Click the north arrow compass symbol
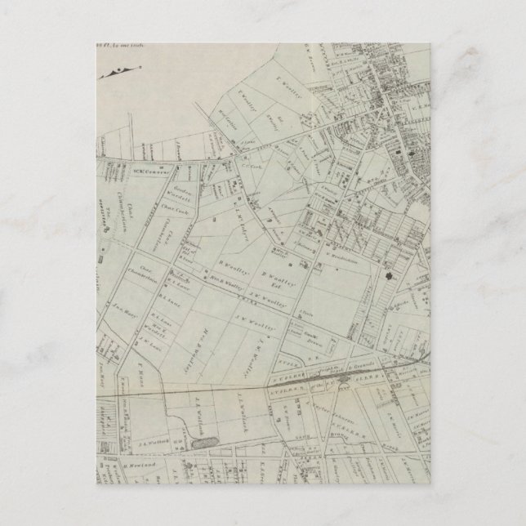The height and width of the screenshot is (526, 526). click(x=114, y=74)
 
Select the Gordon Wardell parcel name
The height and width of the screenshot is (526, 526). click(x=182, y=196)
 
